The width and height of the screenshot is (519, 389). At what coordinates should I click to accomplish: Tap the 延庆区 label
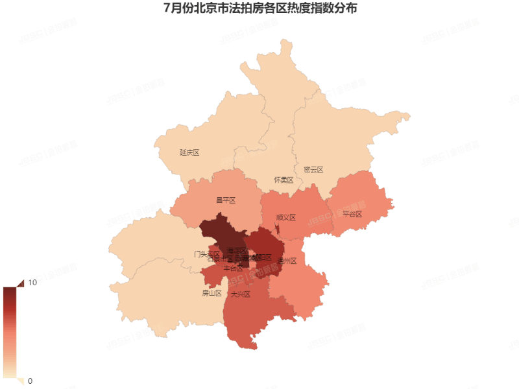189,153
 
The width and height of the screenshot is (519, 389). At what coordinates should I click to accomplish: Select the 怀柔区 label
284,180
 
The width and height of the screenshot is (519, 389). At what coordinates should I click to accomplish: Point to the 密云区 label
313,170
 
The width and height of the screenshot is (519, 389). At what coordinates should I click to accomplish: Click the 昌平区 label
225,200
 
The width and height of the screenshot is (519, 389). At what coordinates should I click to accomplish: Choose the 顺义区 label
286,218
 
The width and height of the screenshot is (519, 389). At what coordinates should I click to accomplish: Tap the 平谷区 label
352,213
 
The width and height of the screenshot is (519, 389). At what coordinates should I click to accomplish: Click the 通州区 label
287,261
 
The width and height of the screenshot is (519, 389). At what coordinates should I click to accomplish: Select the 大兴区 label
241,294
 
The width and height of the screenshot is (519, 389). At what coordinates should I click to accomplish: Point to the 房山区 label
211,293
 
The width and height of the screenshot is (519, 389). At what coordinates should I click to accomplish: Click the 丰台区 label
233,268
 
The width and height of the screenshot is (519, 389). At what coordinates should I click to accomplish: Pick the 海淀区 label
237,250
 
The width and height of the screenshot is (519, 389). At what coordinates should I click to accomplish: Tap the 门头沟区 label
207,253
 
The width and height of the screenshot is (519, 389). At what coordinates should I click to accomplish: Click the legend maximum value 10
32,283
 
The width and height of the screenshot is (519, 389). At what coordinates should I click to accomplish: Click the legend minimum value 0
30,381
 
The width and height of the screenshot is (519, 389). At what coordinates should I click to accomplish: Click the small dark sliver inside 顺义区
278,229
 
